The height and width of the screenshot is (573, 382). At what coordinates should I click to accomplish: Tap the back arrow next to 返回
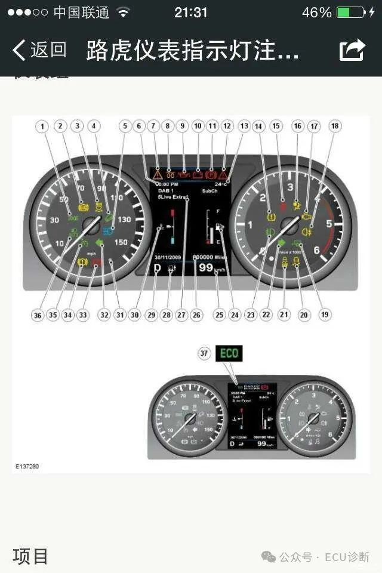point(19,50)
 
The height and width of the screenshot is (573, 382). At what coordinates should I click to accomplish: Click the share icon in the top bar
point(352,50)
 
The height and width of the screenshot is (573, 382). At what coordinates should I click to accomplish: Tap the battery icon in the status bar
point(350,13)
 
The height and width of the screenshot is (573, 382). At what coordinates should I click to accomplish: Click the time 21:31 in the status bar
point(191,13)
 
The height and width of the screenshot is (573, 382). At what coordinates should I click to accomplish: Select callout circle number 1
point(42,126)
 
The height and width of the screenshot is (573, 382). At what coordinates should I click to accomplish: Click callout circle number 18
point(335,126)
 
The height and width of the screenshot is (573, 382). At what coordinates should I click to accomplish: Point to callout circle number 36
point(38,315)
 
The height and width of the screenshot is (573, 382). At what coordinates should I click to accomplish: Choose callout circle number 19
point(325,314)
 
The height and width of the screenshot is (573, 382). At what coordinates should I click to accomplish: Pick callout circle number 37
point(205,353)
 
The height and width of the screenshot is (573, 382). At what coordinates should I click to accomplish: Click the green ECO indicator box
point(229,353)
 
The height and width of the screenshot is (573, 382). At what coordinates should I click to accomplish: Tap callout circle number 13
point(244,126)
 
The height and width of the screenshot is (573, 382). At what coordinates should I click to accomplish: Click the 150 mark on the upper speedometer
point(121,242)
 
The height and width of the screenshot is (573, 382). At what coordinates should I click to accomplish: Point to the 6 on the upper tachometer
point(317,251)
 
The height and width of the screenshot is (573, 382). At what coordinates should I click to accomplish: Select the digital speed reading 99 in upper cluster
point(206,268)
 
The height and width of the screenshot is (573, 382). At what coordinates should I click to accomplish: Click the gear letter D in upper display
point(158,269)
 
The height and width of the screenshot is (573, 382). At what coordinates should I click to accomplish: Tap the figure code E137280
point(27,466)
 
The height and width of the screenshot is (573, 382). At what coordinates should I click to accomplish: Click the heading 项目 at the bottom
point(30,556)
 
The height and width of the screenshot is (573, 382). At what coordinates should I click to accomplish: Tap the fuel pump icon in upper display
point(219,227)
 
